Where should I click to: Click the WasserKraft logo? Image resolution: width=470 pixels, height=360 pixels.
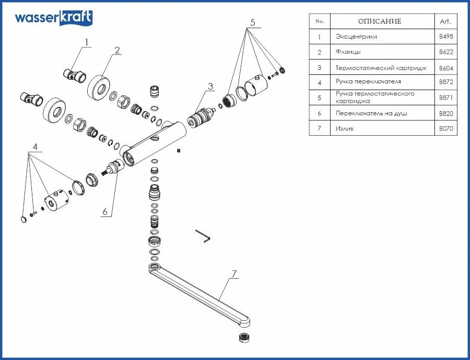53,17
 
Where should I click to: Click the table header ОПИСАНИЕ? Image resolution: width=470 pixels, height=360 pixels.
379,21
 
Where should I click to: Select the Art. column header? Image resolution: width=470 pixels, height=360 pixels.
445,21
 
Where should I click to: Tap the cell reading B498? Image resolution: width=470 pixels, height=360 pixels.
445,37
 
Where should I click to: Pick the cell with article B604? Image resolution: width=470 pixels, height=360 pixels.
445,68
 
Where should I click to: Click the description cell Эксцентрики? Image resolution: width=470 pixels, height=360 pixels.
356,37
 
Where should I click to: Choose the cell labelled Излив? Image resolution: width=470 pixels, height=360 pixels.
345,128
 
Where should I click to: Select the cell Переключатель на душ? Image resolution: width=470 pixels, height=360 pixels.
371,113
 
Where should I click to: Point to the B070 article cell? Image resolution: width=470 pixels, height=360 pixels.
445,128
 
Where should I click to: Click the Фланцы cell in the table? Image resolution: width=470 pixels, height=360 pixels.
348,52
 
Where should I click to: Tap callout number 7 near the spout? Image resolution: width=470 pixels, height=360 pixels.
234,273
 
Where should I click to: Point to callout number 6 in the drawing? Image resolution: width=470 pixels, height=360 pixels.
104,211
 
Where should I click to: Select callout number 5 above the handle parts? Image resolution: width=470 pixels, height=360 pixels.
252,23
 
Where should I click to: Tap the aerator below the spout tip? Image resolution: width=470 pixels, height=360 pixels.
243,337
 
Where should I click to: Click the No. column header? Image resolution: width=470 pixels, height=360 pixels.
320,21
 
